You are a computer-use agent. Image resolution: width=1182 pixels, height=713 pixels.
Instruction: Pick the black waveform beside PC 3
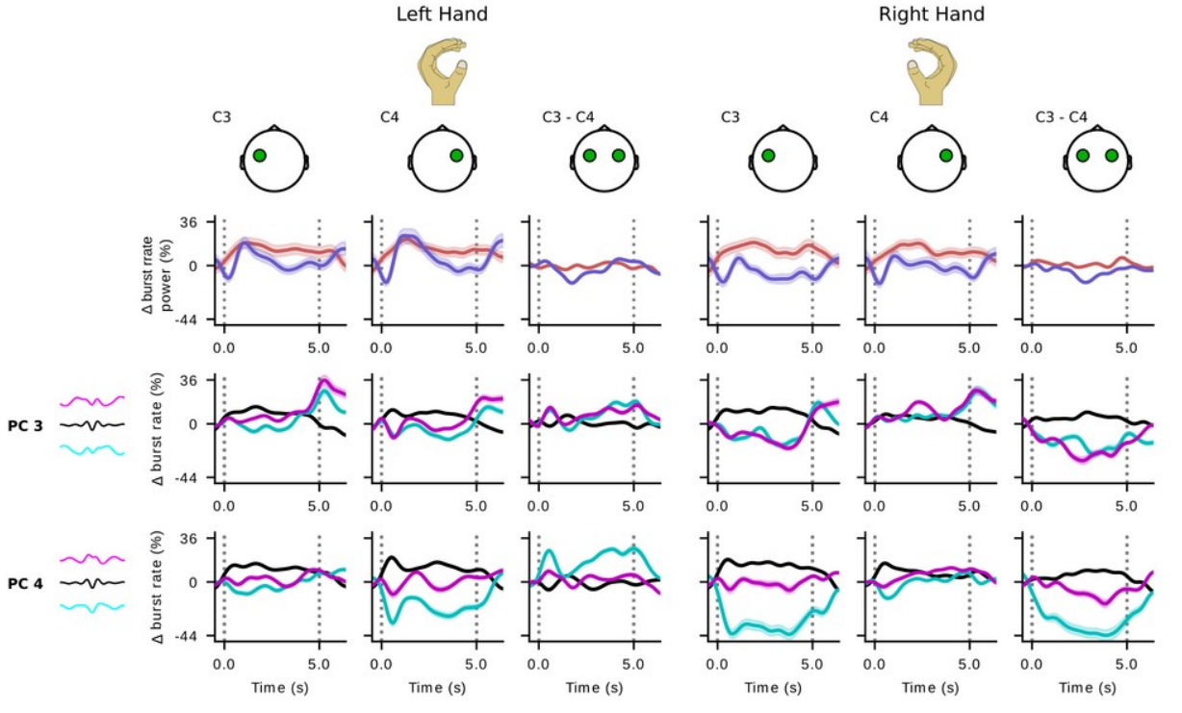(91, 424)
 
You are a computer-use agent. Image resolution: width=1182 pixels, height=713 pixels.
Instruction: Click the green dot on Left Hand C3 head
(259, 156)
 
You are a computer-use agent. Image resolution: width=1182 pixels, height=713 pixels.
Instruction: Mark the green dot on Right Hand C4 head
(946, 156)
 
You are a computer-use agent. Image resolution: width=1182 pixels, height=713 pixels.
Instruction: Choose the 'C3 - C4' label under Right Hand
(1062, 117)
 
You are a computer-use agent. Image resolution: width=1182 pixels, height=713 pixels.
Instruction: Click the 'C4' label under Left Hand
(391, 117)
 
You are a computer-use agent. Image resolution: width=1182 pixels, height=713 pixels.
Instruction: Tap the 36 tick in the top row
(190, 222)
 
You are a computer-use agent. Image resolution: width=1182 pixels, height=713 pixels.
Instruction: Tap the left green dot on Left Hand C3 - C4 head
(589, 156)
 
